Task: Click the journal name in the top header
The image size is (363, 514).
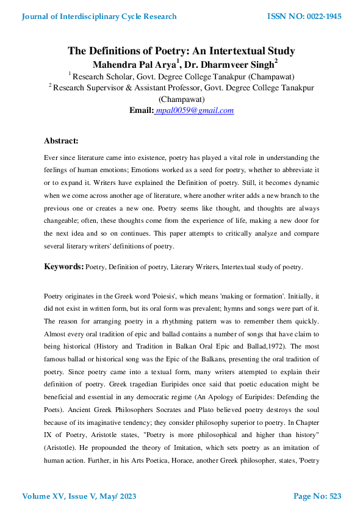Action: click(x=99, y=16)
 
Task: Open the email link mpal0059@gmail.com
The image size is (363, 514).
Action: click(x=195, y=110)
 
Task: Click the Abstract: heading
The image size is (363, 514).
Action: click(x=61, y=141)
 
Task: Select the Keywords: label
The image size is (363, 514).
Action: click(x=63, y=267)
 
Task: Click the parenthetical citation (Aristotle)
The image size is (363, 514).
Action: click(x=62, y=440)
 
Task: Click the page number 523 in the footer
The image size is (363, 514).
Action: click(x=334, y=496)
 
